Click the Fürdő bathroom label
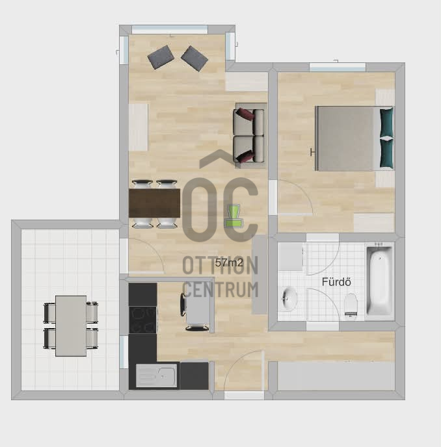tap(336, 282)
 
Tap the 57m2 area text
tap(229, 262)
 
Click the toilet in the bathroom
tap(351, 305)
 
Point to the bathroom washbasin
tap(289, 299)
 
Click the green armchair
tap(234, 216)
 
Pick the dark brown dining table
tap(154, 203)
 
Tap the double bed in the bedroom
tap(354, 138)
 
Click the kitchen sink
tap(156, 376)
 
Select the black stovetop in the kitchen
tap(142, 320)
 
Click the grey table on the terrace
tap(71, 326)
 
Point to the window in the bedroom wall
tap(338, 68)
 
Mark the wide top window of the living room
tap(170, 30)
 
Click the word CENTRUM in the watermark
tap(220, 289)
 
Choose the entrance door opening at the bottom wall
tap(245, 395)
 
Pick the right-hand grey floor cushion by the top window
tap(194, 58)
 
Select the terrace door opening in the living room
tap(124, 256)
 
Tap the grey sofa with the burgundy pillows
tap(248, 136)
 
